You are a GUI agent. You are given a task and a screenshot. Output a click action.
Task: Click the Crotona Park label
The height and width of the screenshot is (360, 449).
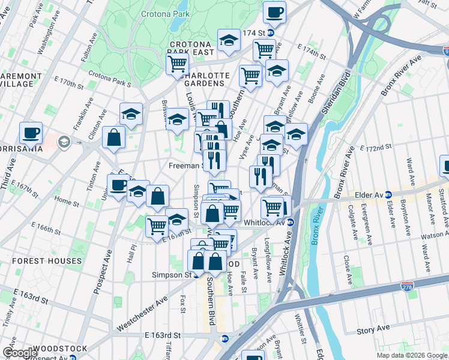click(x=166, y=13)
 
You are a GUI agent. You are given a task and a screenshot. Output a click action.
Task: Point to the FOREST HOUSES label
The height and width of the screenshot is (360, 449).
click(x=46, y=261)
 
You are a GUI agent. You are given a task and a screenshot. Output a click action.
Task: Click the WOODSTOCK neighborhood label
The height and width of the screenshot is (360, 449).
click(x=59, y=348)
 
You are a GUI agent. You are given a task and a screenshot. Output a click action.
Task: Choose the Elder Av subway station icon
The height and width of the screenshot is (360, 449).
click(x=388, y=194)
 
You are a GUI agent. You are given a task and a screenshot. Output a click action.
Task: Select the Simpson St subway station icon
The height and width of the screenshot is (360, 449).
click(x=196, y=275)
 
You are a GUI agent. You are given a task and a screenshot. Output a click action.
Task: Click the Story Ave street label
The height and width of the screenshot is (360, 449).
click(x=373, y=330)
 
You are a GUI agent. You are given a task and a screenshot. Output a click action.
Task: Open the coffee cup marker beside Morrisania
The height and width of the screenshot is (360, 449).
click(x=31, y=133)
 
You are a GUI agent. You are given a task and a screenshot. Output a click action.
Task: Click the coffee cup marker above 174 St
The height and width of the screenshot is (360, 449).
click(x=274, y=11)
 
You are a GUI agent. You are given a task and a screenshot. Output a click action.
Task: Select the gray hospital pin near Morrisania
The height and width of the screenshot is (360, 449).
click(x=64, y=142)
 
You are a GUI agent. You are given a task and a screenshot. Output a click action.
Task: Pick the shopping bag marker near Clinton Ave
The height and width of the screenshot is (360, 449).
click(x=113, y=137)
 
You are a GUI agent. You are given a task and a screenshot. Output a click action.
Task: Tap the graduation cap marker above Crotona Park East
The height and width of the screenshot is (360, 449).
click(x=228, y=40)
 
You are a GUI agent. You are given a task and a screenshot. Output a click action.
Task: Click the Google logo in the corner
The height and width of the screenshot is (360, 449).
click(x=20, y=353)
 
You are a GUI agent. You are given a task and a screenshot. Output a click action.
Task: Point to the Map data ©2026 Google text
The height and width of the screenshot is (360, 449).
click(x=411, y=355)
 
